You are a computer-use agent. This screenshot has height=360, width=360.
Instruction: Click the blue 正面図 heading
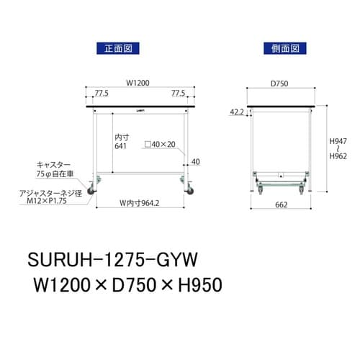117,49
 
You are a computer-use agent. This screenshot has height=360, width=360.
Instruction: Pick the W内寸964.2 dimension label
138,202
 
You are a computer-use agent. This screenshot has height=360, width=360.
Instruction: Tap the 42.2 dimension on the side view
237,112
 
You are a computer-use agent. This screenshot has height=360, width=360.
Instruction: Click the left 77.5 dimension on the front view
101,93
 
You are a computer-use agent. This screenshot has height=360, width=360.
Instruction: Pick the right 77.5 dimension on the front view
179,93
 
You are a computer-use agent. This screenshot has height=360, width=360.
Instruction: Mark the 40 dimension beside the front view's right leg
194,162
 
